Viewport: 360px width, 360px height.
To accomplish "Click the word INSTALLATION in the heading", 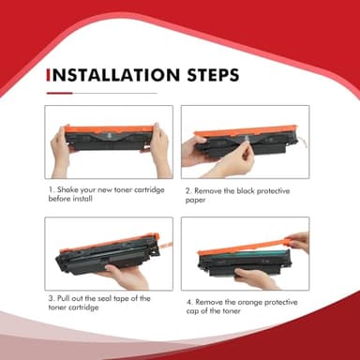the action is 116,75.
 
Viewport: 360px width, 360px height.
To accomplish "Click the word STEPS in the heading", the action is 213,75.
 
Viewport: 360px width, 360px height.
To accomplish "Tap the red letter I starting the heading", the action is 48,75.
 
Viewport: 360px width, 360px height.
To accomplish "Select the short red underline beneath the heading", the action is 59,93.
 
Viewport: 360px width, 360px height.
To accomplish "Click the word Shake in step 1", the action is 67,189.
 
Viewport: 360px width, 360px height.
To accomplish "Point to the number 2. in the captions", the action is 188,191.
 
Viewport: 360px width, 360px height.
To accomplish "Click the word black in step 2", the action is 245,190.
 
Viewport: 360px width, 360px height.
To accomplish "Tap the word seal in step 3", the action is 104,298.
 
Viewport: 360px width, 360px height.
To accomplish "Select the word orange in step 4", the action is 249,303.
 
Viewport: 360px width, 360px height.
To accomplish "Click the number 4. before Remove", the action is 189,303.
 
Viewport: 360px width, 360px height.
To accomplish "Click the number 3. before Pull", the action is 52,298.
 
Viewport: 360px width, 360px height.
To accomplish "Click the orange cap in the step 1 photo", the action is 110,129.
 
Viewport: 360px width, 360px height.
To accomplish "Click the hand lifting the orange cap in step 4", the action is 299,242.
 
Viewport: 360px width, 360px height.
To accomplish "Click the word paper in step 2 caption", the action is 195,201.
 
